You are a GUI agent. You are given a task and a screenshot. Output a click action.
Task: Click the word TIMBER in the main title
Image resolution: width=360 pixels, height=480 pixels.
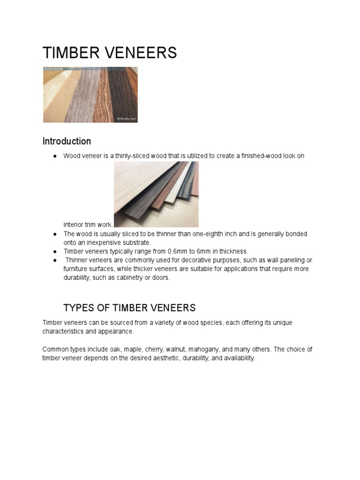click(70, 53)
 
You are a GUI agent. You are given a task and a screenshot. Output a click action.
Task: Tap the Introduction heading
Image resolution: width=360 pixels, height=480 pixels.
click(67, 141)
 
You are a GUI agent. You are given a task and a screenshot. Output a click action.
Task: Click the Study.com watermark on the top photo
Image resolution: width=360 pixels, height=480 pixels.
click(127, 119)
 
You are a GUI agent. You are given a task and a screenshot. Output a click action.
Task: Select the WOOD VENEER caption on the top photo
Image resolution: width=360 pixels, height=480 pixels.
click(53, 69)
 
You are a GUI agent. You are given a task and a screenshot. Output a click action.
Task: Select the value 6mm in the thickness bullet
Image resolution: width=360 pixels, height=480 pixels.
click(207, 251)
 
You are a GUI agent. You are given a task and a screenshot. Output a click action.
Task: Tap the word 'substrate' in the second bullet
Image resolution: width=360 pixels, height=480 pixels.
click(136, 242)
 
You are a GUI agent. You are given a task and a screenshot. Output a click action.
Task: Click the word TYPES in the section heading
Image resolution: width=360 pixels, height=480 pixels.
click(79, 308)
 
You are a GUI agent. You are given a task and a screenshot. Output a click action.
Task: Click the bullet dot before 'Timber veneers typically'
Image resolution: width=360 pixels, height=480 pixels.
click(55, 251)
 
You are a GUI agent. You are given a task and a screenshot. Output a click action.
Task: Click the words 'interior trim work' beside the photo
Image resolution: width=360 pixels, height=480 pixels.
click(88, 225)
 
